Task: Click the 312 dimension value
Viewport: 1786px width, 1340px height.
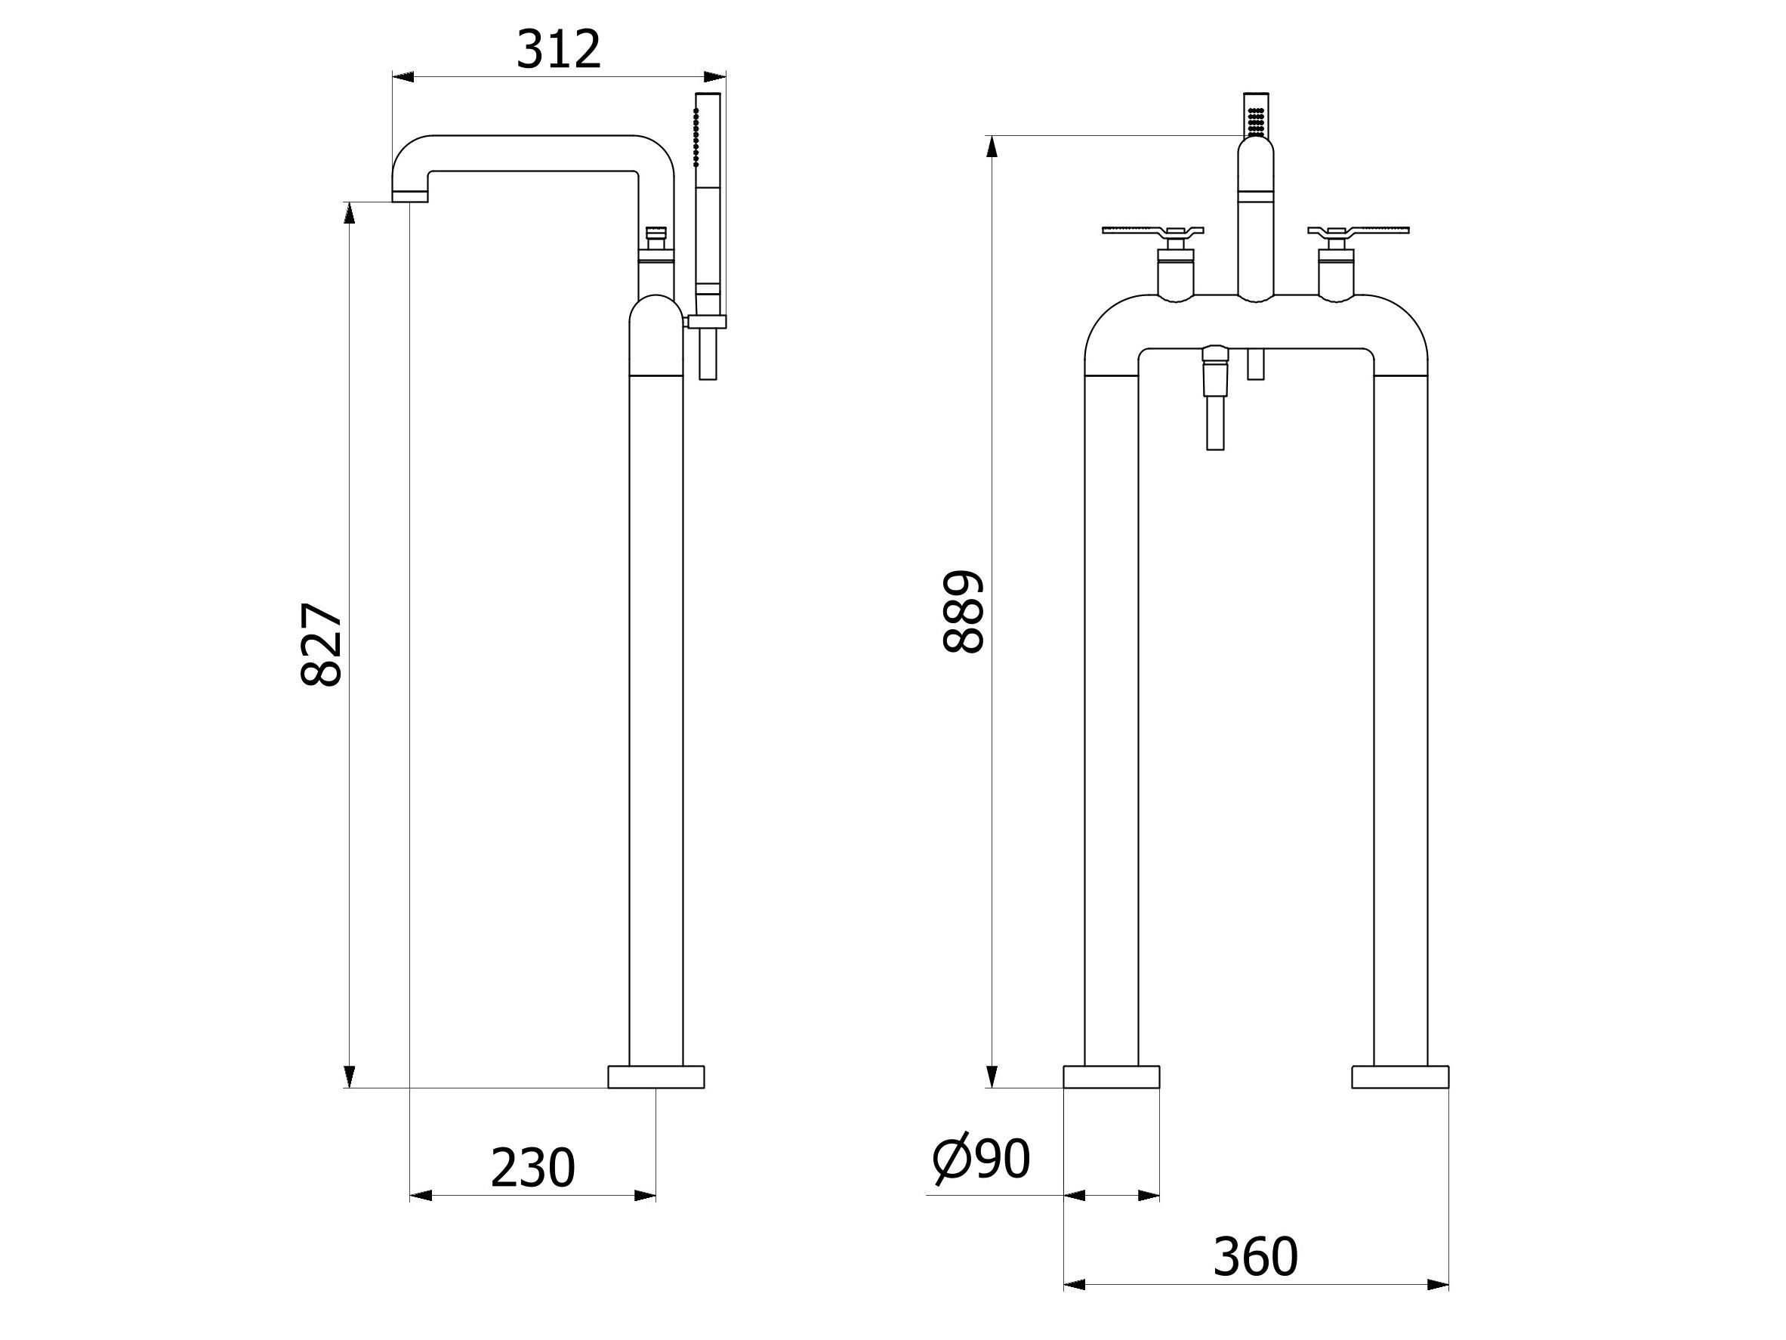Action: point(559,49)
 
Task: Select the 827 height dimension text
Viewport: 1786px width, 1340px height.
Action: point(322,644)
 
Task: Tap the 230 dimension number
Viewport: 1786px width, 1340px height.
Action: point(532,1168)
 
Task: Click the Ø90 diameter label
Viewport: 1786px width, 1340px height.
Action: point(981,1161)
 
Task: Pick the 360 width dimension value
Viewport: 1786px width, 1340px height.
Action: point(1256,1258)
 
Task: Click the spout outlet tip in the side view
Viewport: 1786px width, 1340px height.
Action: point(410,196)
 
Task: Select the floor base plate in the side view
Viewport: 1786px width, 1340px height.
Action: point(655,1076)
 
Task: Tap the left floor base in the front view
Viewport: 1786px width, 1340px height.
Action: point(1111,1076)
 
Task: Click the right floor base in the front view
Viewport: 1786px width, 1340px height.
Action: point(1400,1076)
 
